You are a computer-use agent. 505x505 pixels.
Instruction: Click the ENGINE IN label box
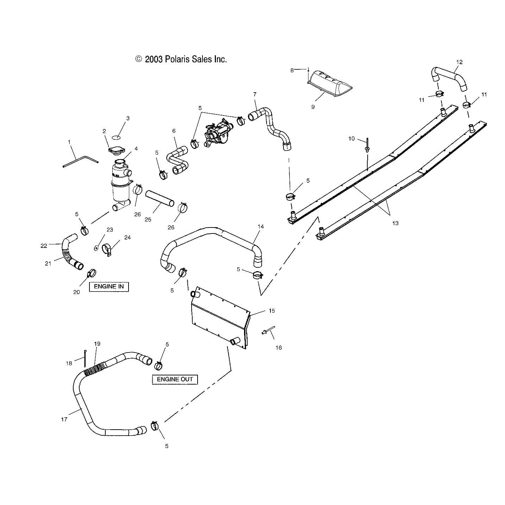(x=109, y=287)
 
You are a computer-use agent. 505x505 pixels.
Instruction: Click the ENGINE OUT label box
(x=175, y=379)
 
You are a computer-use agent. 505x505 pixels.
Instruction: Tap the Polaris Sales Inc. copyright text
(x=181, y=59)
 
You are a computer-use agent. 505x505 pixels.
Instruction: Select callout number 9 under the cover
(x=313, y=107)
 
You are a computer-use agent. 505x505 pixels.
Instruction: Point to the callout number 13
(x=395, y=223)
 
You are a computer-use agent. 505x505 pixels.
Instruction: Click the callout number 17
(x=64, y=419)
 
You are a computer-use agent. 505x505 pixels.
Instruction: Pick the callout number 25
(x=148, y=219)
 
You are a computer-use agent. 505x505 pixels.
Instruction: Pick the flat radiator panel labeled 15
(x=219, y=319)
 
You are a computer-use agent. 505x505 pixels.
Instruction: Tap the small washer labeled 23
(x=96, y=248)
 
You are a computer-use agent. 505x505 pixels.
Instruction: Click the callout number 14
(x=261, y=226)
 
